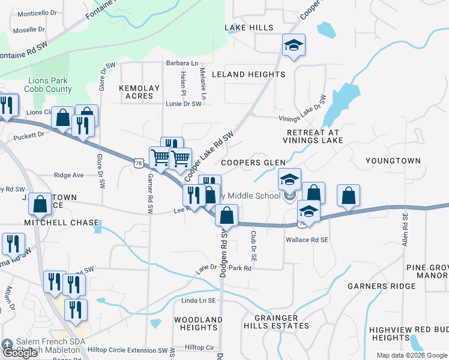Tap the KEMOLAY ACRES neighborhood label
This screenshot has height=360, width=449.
click(x=140, y=92)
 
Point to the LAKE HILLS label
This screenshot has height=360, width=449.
click(x=249, y=28)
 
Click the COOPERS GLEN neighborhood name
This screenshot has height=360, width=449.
click(x=252, y=163)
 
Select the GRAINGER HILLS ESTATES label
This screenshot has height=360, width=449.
click(x=276, y=322)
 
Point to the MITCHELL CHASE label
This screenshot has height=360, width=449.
click(x=61, y=223)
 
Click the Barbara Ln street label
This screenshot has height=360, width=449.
click(x=182, y=63)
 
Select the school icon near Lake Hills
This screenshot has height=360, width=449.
click(x=294, y=46)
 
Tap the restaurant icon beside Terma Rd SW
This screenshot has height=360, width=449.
click(x=12, y=244)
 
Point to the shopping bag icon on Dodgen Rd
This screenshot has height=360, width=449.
click(x=227, y=215)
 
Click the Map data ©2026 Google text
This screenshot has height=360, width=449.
click(x=412, y=355)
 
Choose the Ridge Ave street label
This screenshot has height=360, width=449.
click(x=68, y=175)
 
